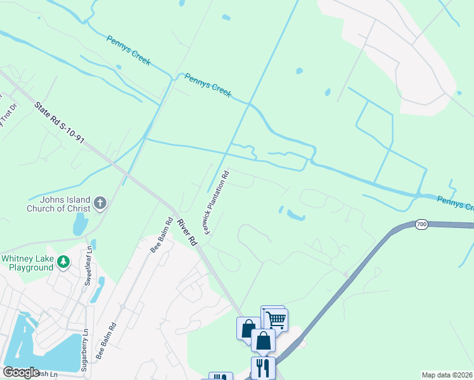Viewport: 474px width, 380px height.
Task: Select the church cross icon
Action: click(99, 203)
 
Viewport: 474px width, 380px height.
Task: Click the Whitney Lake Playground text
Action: click(28, 263)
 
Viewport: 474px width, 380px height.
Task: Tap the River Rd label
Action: click(187, 232)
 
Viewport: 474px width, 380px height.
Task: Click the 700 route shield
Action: click(422, 225)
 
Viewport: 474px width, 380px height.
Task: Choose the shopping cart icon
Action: click(276, 319)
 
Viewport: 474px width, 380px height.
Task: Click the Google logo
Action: click(21, 372)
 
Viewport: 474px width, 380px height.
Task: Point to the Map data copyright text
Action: click(447, 375)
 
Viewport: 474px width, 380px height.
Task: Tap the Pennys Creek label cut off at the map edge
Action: click(455, 203)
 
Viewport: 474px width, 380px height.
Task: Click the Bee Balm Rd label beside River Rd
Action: click(161, 236)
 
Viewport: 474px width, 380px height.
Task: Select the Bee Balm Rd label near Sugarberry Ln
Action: click(106, 341)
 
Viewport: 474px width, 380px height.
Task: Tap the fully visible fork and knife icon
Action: click(263, 368)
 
